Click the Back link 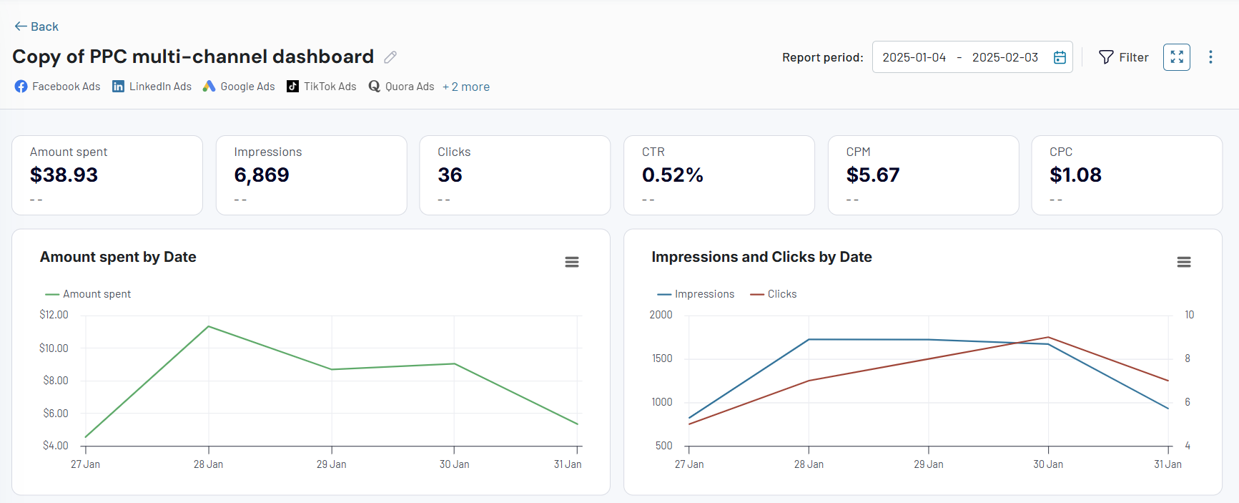coord(36,26)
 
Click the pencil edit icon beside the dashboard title coord(390,57)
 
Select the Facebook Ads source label coord(58,87)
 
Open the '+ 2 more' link coord(466,87)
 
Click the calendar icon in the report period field coord(1060,57)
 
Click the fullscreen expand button coord(1176,57)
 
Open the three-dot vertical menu coord(1210,57)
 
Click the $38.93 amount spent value coord(64,175)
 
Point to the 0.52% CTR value coord(672,175)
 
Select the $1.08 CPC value coord(1075,175)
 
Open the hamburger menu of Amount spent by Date coord(572,262)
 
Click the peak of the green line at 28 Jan coord(209,326)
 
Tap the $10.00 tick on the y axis coord(54,348)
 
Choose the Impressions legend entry coord(696,294)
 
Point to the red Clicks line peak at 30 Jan coord(1048,337)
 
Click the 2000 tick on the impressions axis coord(661,315)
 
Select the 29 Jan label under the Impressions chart coord(928,464)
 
